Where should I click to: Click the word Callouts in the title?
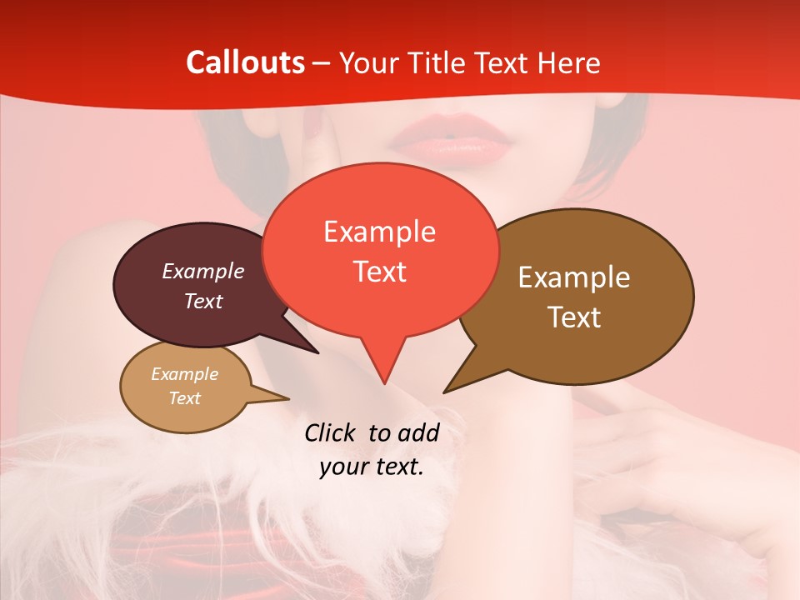point(245,62)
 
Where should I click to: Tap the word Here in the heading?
point(567,62)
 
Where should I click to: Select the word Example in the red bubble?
point(379,232)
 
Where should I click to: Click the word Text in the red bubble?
point(379,272)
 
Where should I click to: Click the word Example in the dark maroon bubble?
point(202,272)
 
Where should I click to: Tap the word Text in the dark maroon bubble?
point(202,301)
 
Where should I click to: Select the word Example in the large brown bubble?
point(574,277)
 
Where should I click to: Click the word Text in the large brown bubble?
point(574,317)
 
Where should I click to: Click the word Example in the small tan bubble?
point(184,374)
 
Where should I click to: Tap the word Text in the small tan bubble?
point(184,398)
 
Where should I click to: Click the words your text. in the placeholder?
point(371,467)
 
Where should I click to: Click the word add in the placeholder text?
point(418,432)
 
